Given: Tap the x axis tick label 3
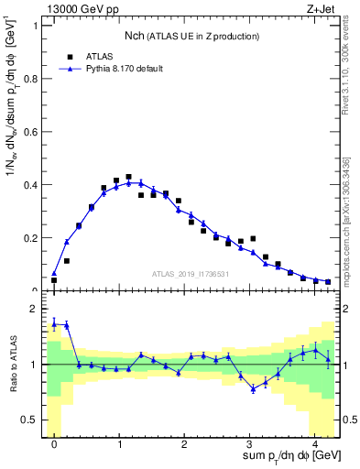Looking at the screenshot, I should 249,445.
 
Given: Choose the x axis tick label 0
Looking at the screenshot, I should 54,445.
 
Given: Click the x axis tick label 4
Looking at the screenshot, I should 314,445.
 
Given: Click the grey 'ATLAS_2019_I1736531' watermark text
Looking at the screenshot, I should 191,274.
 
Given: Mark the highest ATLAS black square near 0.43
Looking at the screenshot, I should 128,177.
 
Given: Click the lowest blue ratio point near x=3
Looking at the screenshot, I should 253,389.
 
